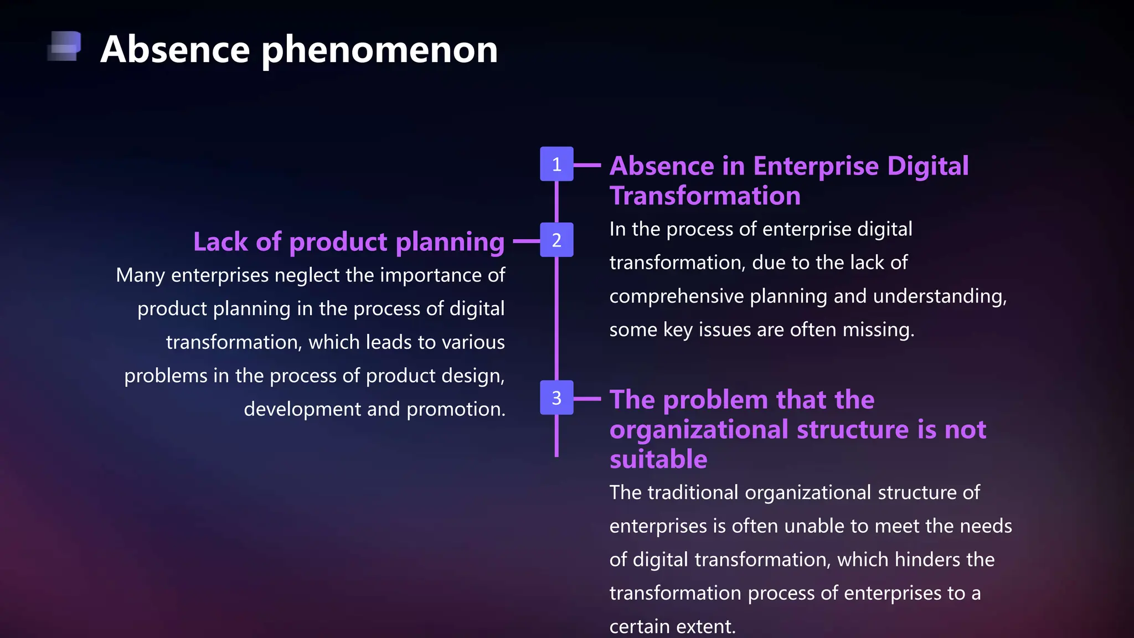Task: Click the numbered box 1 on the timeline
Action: [x=556, y=164]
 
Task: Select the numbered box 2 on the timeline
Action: [x=556, y=240]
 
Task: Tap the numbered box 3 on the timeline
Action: [x=556, y=398]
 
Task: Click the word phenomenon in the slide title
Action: [x=379, y=50]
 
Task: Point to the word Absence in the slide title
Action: [x=175, y=50]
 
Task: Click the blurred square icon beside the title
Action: [x=65, y=46]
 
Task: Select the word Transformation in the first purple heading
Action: [x=705, y=196]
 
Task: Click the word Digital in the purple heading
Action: [x=927, y=166]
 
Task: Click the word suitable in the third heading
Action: [x=658, y=460]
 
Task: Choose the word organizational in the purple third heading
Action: [x=699, y=430]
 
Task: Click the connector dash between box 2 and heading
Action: [x=526, y=241]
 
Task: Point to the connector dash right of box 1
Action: [x=587, y=165]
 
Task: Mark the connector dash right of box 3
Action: [x=587, y=399]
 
